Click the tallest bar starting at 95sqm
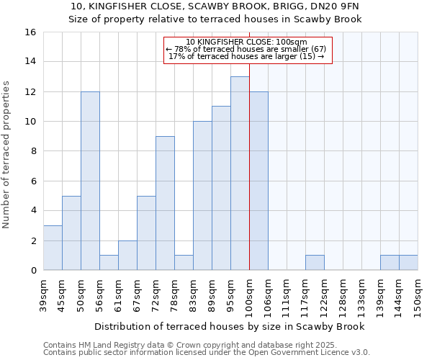(x=240, y=173)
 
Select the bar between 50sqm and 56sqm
(x=90, y=181)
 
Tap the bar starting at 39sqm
(x=53, y=248)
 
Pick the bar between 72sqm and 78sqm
(x=165, y=203)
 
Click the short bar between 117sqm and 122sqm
(x=315, y=263)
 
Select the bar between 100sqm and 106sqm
(x=258, y=181)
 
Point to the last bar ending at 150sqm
(x=408, y=263)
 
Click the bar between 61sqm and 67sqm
(x=127, y=256)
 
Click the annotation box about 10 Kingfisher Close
(x=248, y=49)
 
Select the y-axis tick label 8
(x=32, y=151)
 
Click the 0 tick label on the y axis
(x=32, y=271)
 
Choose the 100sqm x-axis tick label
(x=249, y=295)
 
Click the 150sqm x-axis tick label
(x=418, y=295)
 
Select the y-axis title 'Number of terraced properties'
(x=6, y=155)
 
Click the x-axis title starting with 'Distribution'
(x=230, y=326)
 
